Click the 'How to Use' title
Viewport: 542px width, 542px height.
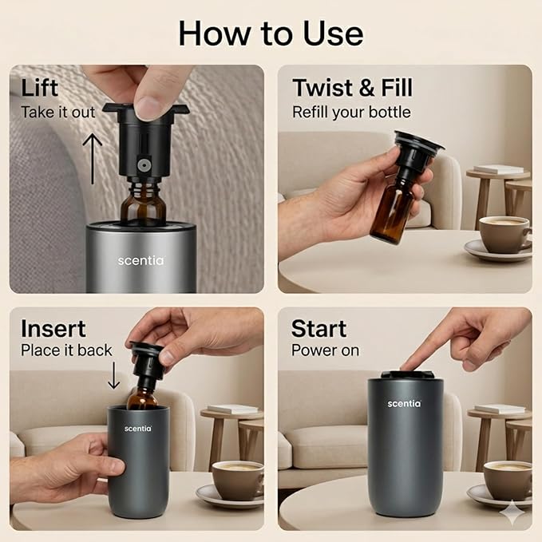pyautogui.click(x=271, y=34)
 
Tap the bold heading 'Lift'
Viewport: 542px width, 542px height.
pyautogui.click(x=39, y=88)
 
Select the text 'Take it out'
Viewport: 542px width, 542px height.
pyautogui.click(x=57, y=113)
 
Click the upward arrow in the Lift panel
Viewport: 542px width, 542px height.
pyautogui.click(x=93, y=159)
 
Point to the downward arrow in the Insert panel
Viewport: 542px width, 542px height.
pyautogui.click(x=113, y=375)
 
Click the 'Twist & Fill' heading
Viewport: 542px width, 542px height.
pyautogui.click(x=352, y=88)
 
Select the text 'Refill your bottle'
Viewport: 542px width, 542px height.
pyautogui.click(x=351, y=113)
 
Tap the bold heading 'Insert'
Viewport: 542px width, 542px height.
pyautogui.click(x=53, y=328)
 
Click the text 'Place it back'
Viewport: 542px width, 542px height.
pyautogui.click(x=66, y=350)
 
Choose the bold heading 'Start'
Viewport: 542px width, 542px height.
pyautogui.click(x=318, y=329)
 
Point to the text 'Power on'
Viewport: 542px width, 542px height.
pyautogui.click(x=325, y=350)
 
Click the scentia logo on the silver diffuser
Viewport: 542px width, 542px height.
pyautogui.click(x=140, y=261)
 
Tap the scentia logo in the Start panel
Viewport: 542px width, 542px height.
pyautogui.click(x=405, y=404)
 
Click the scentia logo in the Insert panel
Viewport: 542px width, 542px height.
pyautogui.click(x=138, y=429)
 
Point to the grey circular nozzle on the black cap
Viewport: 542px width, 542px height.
pyautogui.click(x=144, y=165)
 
